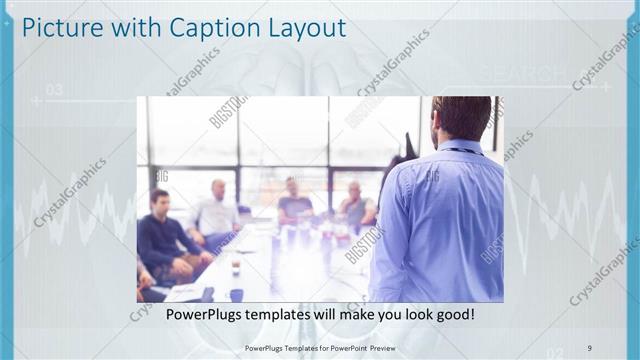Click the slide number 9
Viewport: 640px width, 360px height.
(x=590, y=348)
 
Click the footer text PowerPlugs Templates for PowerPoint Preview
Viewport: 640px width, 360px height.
(x=319, y=348)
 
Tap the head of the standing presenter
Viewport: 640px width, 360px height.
(x=461, y=118)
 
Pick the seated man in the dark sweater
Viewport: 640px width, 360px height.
(x=163, y=235)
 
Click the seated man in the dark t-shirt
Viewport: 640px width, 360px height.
(x=294, y=204)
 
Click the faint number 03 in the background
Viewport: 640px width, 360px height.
(x=54, y=90)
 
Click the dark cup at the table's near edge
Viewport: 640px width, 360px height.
(x=236, y=294)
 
